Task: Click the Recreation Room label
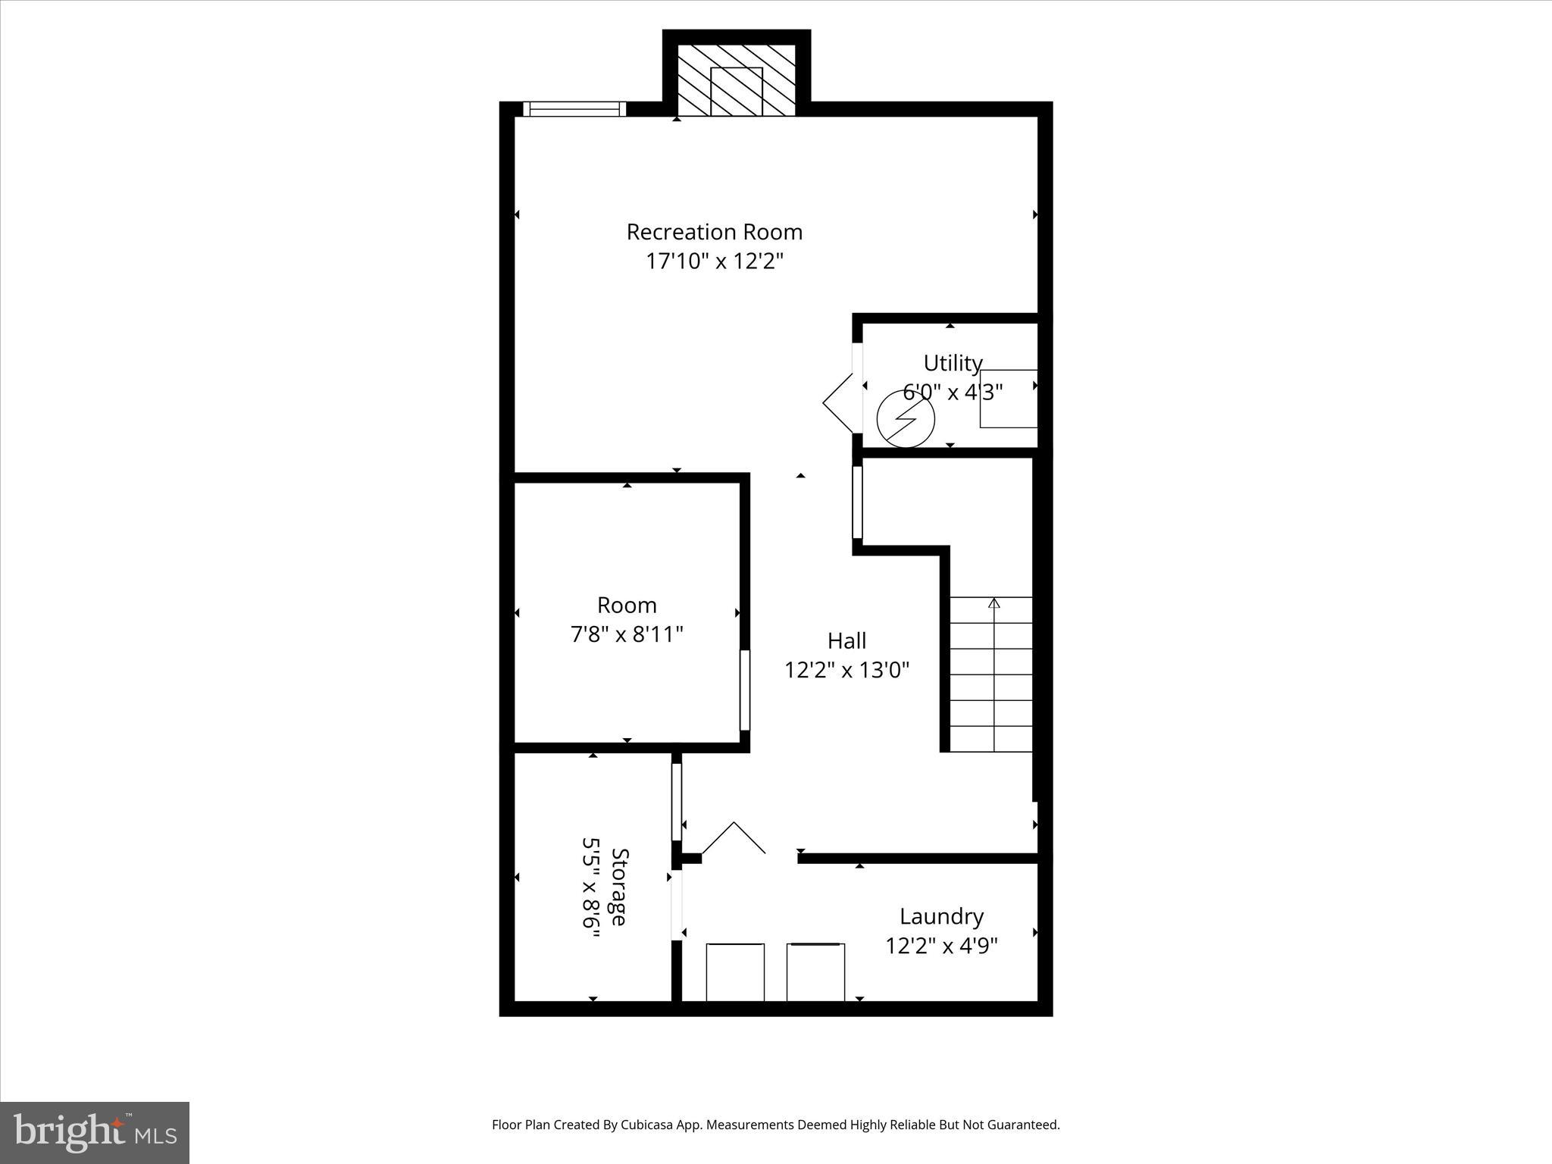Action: click(x=714, y=232)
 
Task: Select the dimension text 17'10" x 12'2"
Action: click(x=714, y=261)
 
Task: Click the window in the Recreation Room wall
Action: click(x=574, y=109)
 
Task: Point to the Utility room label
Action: click(x=953, y=363)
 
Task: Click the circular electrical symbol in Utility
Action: click(x=906, y=418)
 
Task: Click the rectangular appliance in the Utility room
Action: click(x=1008, y=399)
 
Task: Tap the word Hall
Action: click(x=846, y=641)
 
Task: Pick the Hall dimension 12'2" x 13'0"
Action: click(x=846, y=671)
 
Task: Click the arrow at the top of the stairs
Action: click(x=993, y=603)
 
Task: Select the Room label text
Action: click(x=627, y=605)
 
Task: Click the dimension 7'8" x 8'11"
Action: click(x=627, y=634)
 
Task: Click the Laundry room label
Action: click(x=941, y=916)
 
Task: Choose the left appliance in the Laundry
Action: click(x=734, y=972)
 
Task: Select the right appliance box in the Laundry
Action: click(x=815, y=972)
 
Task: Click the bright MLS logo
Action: click(x=95, y=1132)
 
